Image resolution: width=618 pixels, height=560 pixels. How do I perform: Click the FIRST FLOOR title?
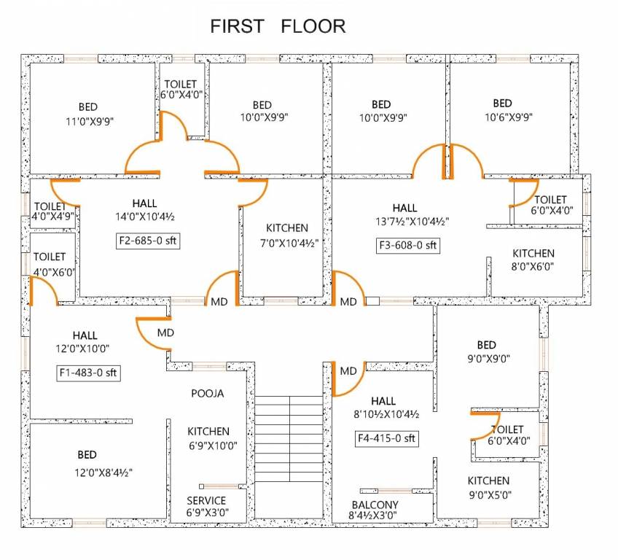[278, 27]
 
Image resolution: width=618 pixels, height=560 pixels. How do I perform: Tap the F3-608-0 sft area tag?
[408, 246]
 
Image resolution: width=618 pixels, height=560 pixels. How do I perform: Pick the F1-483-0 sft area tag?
[88, 373]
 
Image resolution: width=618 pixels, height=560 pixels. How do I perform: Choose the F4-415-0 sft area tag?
[386, 438]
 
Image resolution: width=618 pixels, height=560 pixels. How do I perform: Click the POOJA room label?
[208, 393]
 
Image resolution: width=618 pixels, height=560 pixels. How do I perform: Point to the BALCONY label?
[375, 505]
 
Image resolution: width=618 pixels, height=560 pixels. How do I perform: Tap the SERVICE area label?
[206, 500]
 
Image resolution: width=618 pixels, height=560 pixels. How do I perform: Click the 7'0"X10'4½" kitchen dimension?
[286, 242]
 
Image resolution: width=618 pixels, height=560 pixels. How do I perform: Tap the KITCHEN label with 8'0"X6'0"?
[533, 253]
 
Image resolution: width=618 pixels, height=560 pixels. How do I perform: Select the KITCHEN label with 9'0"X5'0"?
[488, 481]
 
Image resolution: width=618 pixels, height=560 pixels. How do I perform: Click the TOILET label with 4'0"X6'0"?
[50, 257]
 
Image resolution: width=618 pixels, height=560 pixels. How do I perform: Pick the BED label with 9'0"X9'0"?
[486, 345]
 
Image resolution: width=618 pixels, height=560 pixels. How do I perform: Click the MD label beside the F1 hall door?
[165, 332]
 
